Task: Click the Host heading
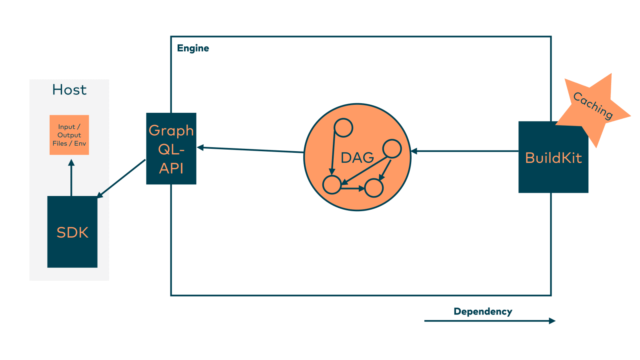coord(69,90)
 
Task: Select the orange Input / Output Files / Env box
coord(69,135)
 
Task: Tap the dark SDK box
coord(72,232)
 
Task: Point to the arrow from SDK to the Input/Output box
coord(71,178)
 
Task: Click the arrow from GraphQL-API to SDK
coord(121,178)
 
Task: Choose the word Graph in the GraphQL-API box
coord(171,131)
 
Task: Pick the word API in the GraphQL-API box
coord(171,168)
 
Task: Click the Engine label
coord(193,48)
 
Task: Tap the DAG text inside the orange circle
coord(357,158)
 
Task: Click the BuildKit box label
coord(553,158)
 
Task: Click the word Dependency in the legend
coord(483,312)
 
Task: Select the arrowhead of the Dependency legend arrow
coord(552,321)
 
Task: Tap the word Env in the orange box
coord(80,143)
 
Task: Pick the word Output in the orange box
coord(69,135)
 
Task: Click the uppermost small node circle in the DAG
coord(343,128)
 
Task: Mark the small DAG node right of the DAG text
coord(392,149)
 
